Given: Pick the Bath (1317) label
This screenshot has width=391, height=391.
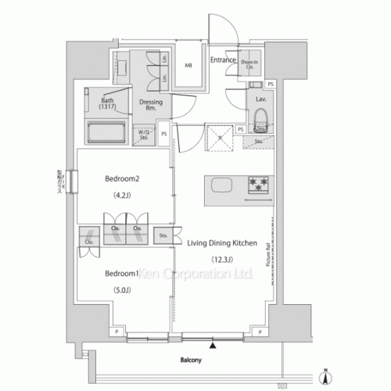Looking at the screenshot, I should [x=109, y=103].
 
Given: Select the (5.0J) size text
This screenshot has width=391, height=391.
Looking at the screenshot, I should [x=122, y=290].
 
